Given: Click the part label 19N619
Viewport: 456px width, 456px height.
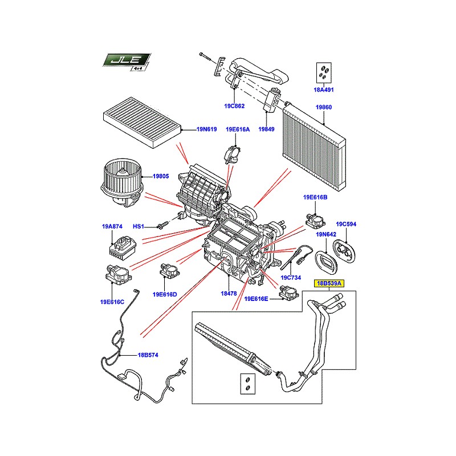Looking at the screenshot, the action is click(206, 129).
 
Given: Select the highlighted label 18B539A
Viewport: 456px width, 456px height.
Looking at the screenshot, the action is click(329, 283).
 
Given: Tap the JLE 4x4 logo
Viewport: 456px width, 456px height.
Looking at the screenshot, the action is click(127, 62).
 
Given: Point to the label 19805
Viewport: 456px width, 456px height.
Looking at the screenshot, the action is click(161, 176).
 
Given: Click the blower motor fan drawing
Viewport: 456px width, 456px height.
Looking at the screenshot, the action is click(122, 182).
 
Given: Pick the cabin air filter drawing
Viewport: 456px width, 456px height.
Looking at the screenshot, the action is click(142, 123).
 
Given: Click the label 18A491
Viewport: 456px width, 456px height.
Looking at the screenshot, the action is click(323, 90).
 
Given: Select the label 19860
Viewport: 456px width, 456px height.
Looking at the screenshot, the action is click(324, 107).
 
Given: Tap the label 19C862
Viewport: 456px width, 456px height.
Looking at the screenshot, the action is click(234, 106).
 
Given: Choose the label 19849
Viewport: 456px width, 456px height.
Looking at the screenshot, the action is click(266, 129).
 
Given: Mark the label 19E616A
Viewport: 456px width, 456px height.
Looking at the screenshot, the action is click(238, 129).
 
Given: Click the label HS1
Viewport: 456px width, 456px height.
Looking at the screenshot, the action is click(138, 226).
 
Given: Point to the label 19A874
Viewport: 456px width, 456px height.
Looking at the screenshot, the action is click(112, 226).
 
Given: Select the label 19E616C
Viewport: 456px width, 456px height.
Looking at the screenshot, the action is click(112, 302).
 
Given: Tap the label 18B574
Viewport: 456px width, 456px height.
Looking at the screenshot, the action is click(148, 355).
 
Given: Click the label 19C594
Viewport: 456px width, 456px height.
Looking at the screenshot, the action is click(346, 224).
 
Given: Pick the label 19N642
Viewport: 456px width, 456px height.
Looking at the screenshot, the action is click(326, 234).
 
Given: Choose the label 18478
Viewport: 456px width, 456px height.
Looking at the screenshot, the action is click(229, 294).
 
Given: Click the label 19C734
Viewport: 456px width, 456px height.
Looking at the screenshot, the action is click(291, 278).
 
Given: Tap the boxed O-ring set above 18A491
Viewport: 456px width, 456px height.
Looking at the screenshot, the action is click(324, 72).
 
